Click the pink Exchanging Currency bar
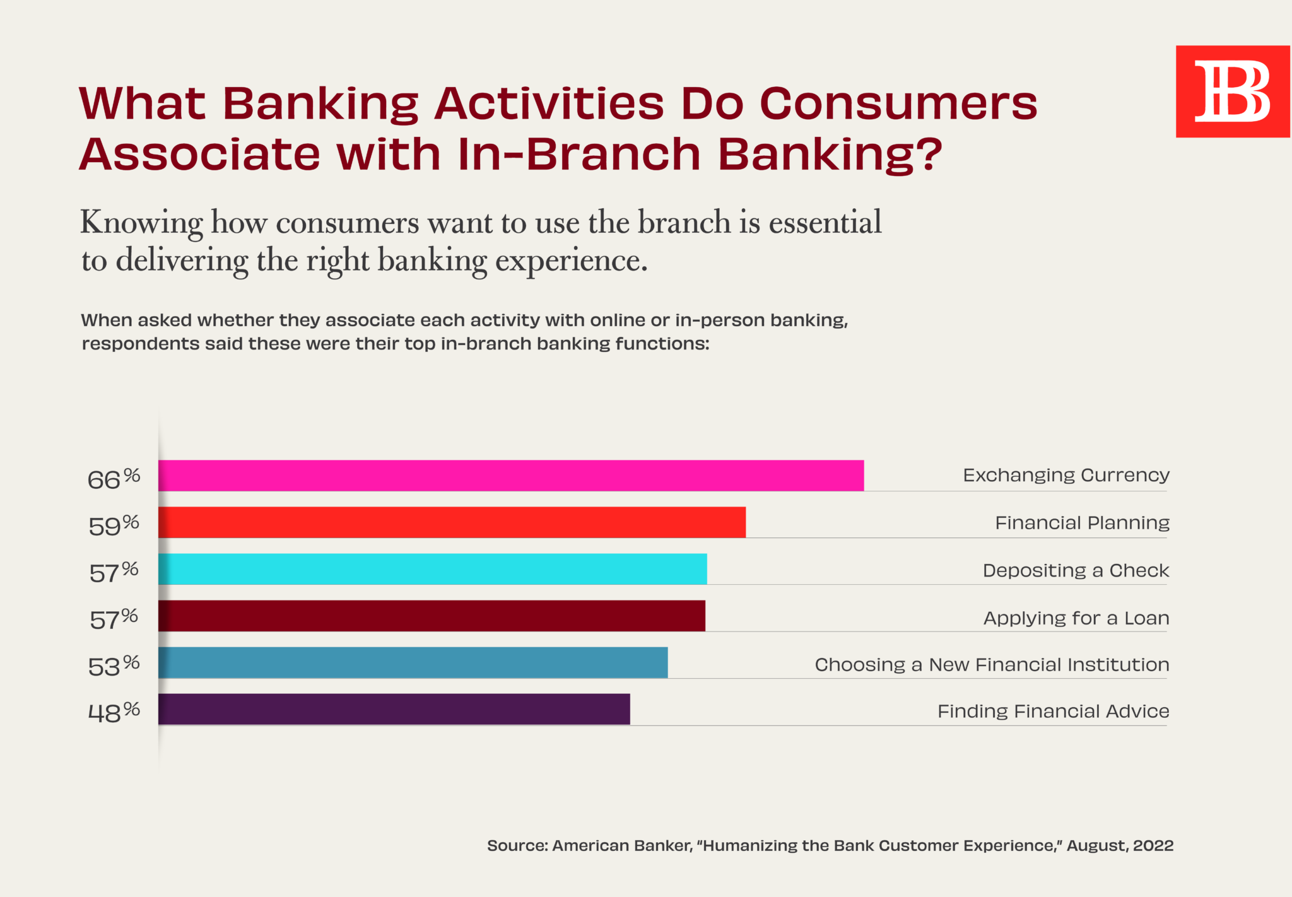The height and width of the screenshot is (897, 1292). point(511,476)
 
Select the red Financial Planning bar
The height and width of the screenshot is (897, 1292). point(452,522)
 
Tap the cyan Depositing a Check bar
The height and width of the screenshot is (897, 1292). point(433,569)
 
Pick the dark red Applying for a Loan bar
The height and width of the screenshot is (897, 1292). point(432,616)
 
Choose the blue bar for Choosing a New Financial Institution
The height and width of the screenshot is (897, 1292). point(413,662)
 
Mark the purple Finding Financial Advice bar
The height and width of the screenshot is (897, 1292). point(394,709)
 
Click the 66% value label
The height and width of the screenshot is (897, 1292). point(114,479)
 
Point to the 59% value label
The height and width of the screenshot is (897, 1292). point(114,525)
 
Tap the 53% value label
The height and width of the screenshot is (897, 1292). point(114,666)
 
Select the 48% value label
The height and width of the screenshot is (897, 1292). point(114,713)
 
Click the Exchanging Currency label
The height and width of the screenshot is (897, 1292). point(1066,476)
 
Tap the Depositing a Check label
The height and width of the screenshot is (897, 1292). point(1076,571)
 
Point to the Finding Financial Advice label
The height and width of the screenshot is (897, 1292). point(1054,712)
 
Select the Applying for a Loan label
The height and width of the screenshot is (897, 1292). point(1076,618)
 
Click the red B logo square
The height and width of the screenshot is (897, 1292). point(1233,91)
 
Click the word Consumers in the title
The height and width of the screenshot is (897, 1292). point(898,103)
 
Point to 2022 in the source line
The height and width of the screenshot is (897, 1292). point(1153,846)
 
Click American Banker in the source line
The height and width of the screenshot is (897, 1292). point(622,846)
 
